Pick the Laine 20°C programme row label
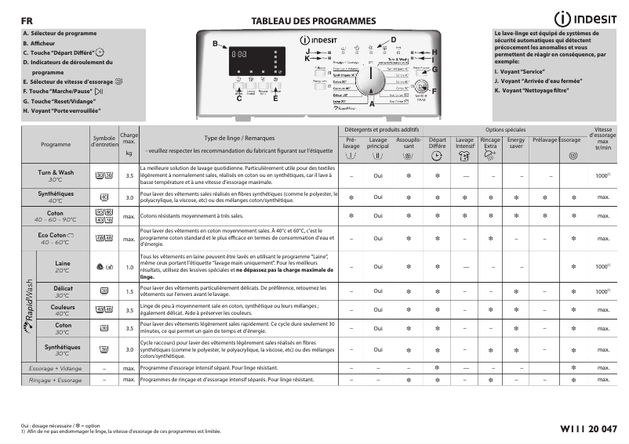pos(63,266)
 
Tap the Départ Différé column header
pos(437,143)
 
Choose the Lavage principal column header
pos(378,143)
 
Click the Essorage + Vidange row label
pos(55,367)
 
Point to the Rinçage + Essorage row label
pos(55,380)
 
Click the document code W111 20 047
pos(589,428)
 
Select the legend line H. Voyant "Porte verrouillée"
pos(75,111)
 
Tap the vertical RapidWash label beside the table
pos(29,309)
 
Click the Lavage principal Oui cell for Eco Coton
pos(378,239)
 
